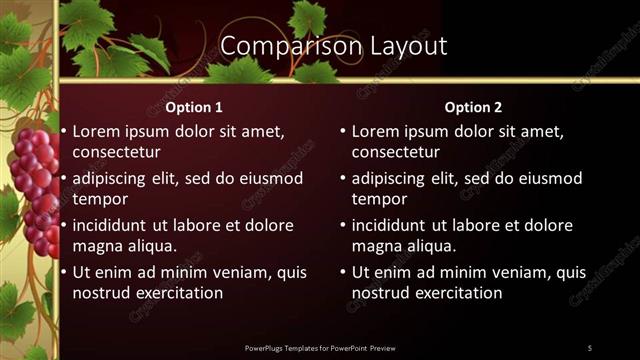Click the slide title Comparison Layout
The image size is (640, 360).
[333, 46]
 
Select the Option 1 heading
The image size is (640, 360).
[193, 107]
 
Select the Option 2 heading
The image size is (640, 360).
[473, 107]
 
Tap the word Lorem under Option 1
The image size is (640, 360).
[97, 131]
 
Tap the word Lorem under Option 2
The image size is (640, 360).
[377, 131]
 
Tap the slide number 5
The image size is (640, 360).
[589, 347]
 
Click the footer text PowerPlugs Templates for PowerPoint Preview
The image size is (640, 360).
[320, 347]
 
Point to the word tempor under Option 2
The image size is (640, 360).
[377, 199]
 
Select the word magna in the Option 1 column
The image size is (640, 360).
[96, 246]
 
